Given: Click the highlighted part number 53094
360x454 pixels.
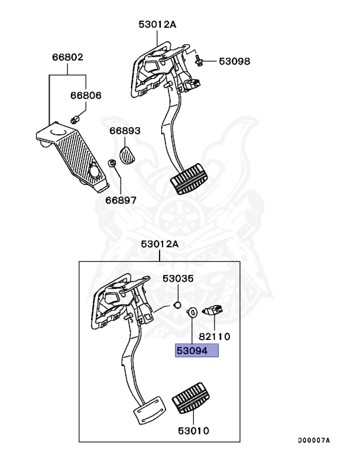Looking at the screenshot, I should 196,351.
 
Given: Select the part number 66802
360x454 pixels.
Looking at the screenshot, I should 67,58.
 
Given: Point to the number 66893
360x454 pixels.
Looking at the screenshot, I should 124,131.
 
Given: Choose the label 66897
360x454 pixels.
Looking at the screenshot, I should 121,200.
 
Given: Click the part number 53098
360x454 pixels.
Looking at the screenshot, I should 235,61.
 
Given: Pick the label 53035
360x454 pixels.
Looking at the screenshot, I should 179,278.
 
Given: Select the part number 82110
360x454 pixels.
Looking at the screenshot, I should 214,336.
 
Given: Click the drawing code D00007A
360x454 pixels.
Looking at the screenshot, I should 313,440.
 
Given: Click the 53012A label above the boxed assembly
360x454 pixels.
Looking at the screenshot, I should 159,244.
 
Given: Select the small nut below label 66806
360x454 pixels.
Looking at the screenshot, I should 75,120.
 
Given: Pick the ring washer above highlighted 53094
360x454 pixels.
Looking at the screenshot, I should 193,313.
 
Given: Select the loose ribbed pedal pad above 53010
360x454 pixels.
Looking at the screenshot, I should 193,405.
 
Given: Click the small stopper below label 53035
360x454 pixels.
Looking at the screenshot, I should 176,305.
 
